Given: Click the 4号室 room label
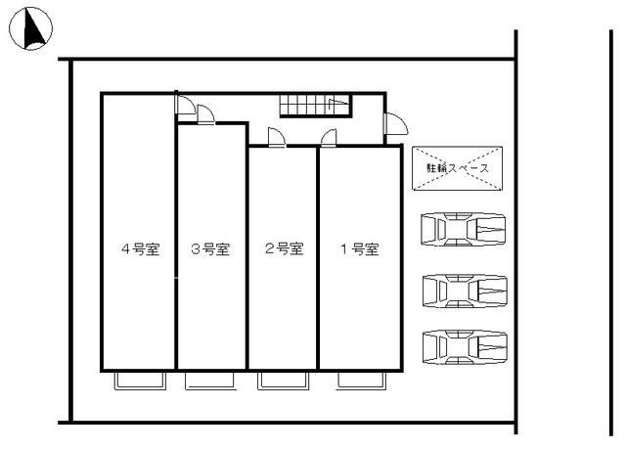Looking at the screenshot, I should coord(139,249).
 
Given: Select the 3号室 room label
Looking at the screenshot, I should coord(210,249).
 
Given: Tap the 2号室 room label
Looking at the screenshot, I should coord(283,249).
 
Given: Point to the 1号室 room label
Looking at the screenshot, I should coord(359,249).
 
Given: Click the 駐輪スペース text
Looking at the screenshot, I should coord(457,168).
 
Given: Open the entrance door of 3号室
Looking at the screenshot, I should coord(206,115).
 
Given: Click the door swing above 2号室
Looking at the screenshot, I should coord(276,138).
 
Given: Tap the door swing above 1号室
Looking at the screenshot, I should coord(330,138).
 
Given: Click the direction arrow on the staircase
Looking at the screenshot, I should coord(337,101).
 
